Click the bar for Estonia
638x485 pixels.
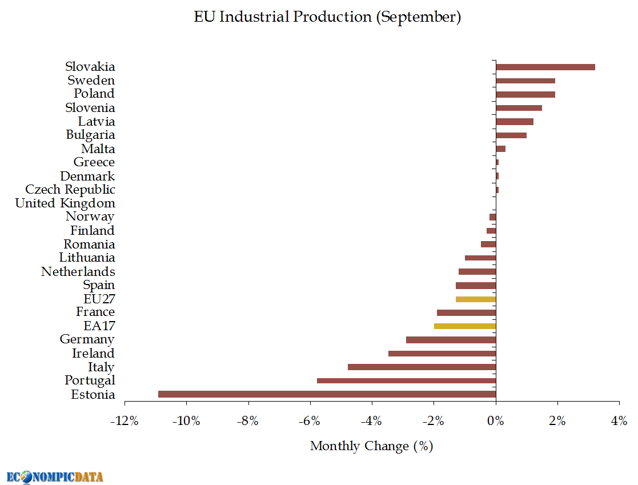327,394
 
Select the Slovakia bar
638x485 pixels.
545,67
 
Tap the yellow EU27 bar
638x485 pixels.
476,299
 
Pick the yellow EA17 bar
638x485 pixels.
465,326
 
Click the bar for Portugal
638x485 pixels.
406,380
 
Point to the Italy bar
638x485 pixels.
422,367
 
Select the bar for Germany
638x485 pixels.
451,340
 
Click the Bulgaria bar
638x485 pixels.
511,135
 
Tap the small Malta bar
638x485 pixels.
501,149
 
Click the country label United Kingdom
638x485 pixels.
65,203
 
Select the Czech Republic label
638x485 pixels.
70,190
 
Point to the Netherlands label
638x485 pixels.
78,271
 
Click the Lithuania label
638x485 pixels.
87,258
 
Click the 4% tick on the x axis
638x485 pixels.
619,422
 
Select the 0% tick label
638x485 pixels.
496,422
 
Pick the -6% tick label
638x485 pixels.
310,422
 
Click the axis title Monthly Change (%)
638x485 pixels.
371,446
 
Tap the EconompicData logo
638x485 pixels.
55,476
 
